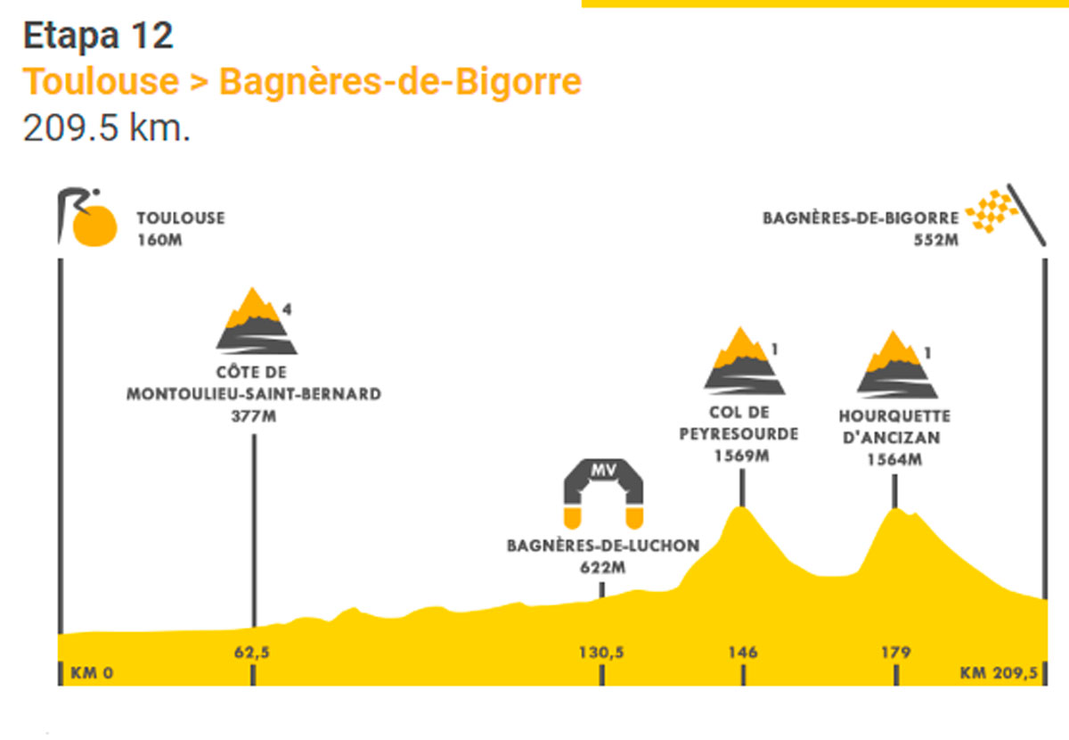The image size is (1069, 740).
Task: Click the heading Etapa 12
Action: (x=98, y=36)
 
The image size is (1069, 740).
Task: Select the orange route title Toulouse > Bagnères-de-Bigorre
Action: (x=302, y=82)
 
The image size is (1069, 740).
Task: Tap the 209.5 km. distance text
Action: (x=106, y=128)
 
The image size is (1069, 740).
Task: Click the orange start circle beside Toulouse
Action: (x=94, y=226)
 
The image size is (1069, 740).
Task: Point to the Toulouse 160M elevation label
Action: (x=181, y=229)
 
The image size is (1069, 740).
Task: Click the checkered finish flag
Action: (x=991, y=211)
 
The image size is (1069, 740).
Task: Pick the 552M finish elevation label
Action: (x=936, y=240)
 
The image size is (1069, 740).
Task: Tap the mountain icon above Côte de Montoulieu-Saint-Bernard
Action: (x=257, y=321)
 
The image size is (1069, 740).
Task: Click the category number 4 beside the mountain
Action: (x=287, y=309)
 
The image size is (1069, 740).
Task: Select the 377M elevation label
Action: (x=253, y=416)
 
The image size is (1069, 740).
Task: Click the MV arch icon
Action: (x=603, y=494)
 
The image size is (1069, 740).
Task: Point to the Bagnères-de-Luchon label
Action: (x=603, y=546)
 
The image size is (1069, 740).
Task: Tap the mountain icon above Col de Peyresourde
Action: (x=745, y=361)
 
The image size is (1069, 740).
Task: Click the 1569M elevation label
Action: (x=741, y=456)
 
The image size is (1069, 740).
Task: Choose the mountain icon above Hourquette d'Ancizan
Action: (x=897, y=365)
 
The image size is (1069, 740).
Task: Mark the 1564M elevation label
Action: (x=894, y=459)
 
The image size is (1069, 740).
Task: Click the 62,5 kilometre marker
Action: (x=252, y=652)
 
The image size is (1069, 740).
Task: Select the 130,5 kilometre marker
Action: (x=601, y=652)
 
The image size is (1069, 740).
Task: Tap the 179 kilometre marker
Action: (x=896, y=652)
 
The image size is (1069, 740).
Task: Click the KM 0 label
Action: (x=92, y=673)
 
